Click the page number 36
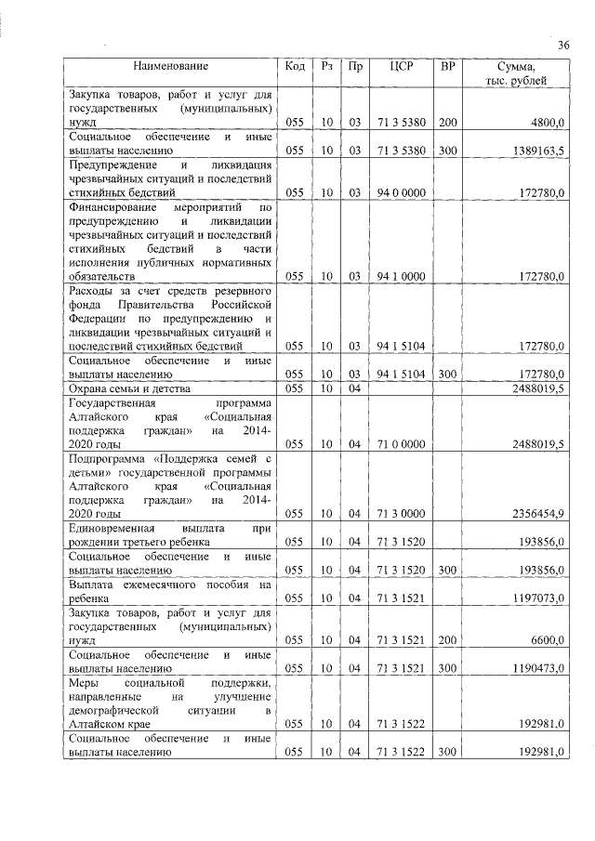(562, 45)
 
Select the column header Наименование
(170, 67)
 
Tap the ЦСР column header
(402, 67)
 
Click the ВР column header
(447, 67)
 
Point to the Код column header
(295, 67)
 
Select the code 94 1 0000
(402, 276)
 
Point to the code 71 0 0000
(402, 445)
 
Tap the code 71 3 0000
(402, 513)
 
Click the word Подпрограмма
(107, 459)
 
